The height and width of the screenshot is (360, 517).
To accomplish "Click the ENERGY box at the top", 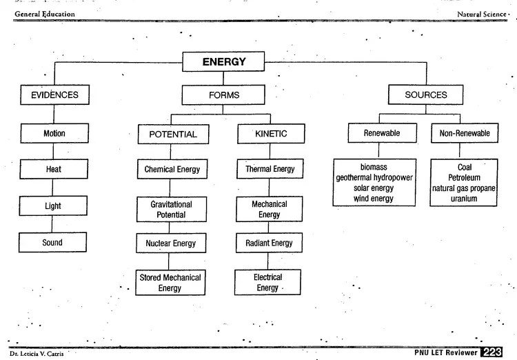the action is pyautogui.click(x=223, y=61).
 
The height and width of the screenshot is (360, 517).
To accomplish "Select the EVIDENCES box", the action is pyautogui.click(x=54, y=94).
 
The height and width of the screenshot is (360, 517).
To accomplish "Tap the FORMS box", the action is pyautogui.click(x=223, y=95).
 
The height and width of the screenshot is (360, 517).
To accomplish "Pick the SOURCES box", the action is pyautogui.click(x=426, y=94).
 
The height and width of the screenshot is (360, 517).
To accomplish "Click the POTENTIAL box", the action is pyautogui.click(x=173, y=134).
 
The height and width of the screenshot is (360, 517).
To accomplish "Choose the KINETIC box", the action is pyautogui.click(x=271, y=133).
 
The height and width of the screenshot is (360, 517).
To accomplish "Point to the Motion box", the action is pyautogui.click(x=54, y=133).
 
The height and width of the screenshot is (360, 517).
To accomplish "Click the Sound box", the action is pyautogui.click(x=52, y=243).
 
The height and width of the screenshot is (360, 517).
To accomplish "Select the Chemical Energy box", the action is pyautogui.click(x=172, y=169).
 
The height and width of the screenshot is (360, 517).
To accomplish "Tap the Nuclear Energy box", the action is pyautogui.click(x=171, y=243).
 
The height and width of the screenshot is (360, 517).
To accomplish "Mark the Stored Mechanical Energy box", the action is pyautogui.click(x=170, y=283).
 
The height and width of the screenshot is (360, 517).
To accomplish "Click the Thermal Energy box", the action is pyautogui.click(x=270, y=168).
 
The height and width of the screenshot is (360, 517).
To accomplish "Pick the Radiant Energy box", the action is pyautogui.click(x=269, y=243).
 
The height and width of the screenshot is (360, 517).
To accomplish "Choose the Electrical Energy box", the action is pyautogui.click(x=267, y=282).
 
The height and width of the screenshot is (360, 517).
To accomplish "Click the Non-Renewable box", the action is pyautogui.click(x=465, y=133).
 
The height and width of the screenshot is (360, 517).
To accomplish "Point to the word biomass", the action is pyautogui.click(x=374, y=167).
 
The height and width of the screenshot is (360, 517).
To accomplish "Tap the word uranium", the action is pyautogui.click(x=464, y=199).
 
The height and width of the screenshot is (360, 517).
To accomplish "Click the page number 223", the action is pyautogui.click(x=491, y=352).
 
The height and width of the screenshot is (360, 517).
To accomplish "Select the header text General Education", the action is pyautogui.click(x=45, y=14).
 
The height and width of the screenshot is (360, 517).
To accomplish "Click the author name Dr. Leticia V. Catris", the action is pyautogui.click(x=37, y=354).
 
